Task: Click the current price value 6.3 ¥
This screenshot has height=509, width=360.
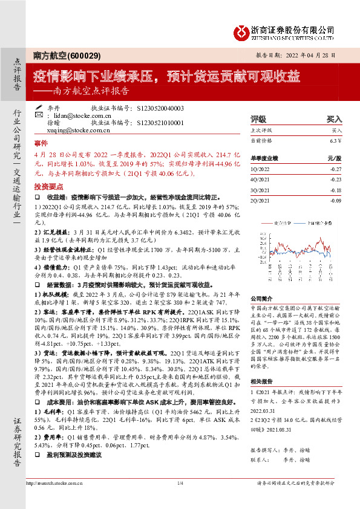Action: [336, 141]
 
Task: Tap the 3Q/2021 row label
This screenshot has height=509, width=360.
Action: [260, 190]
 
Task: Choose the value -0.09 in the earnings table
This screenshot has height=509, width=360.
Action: [336, 199]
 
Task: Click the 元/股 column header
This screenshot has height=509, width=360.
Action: [335, 158]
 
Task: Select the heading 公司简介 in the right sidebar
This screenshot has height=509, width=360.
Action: [261, 298]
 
